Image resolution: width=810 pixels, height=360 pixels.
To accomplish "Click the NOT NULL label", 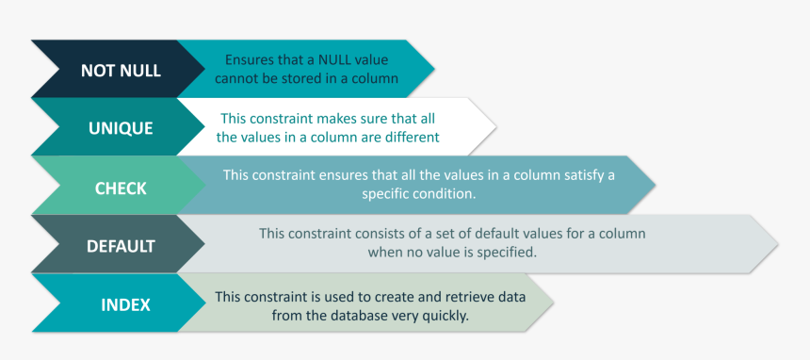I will pos(121,71).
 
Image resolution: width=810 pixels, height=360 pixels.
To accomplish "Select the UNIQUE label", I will pos(121,129).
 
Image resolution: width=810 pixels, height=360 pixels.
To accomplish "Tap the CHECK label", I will pos(121,188).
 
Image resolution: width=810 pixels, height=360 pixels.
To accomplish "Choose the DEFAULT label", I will pos(121,247).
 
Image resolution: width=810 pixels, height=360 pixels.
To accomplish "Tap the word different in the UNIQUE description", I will pos(411,137).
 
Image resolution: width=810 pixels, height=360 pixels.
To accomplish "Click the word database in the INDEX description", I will pos(361,316).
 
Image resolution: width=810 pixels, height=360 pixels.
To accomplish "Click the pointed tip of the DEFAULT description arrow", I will pos(778,245).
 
